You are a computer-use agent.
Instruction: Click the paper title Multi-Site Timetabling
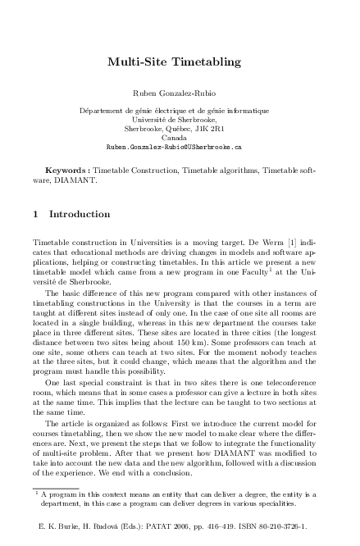[180, 61]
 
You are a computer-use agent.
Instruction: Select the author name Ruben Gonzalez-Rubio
[180, 93]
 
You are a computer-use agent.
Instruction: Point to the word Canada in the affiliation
[180, 138]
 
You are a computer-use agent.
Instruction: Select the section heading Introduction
[80, 215]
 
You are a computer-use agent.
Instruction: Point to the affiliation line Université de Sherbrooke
[180, 120]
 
